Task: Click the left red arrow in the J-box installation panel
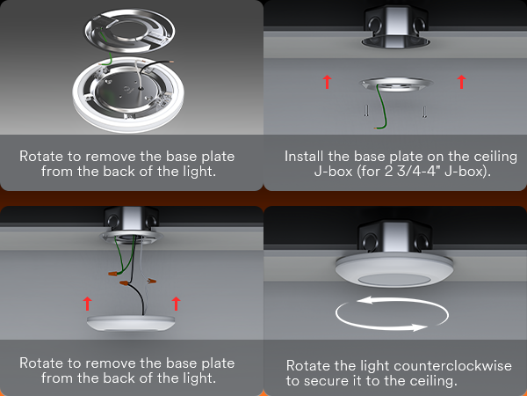click(327, 82)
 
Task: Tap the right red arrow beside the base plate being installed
click(462, 82)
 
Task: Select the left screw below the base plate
click(366, 111)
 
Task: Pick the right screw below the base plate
click(425, 112)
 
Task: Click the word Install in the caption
click(304, 157)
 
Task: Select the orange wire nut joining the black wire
click(126, 283)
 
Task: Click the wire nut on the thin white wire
click(151, 281)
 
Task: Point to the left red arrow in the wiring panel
click(87, 304)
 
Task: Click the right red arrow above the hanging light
click(176, 304)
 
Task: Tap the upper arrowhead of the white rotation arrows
click(365, 300)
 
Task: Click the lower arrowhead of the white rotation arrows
click(420, 327)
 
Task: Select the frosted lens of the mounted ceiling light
click(393, 280)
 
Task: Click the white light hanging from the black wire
click(131, 323)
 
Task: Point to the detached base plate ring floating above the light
click(130, 30)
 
